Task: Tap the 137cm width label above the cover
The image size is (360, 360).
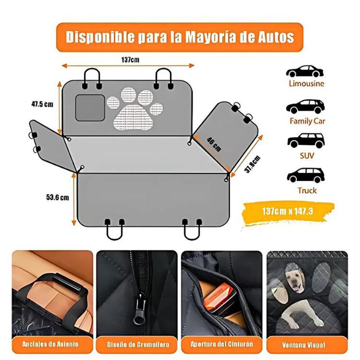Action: point(130,59)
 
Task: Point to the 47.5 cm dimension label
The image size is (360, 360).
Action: point(42,104)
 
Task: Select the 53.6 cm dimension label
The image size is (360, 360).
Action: point(58,197)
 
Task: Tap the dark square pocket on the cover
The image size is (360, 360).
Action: point(90,108)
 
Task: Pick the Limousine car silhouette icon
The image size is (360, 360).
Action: point(305,71)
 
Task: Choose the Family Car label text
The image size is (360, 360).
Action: point(307,121)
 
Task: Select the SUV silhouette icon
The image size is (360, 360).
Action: point(306,140)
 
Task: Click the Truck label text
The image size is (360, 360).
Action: point(307,190)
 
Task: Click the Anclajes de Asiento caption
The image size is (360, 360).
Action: point(51,344)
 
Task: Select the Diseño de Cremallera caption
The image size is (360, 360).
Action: point(137,344)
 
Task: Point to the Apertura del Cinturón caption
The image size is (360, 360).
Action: point(221,344)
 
